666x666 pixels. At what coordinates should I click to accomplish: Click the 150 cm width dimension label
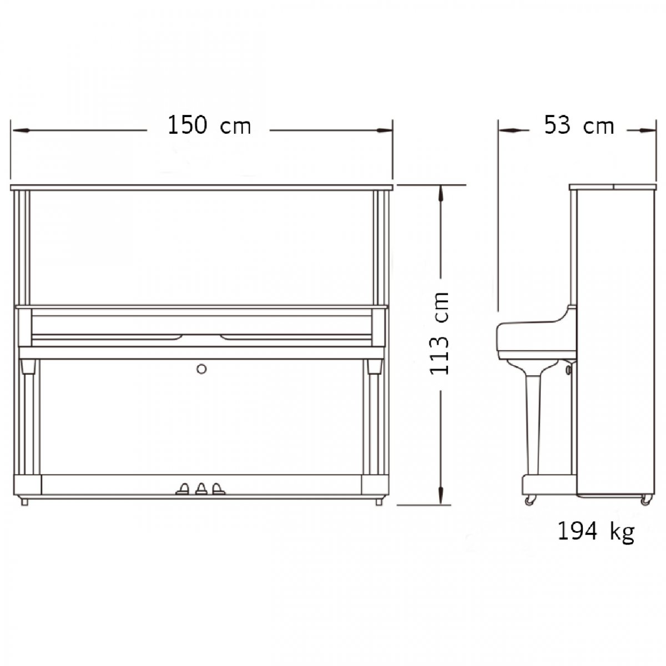coord(209,125)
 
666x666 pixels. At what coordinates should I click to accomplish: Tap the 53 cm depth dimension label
coord(579,125)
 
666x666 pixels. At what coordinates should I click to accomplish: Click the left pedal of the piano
coord(183,489)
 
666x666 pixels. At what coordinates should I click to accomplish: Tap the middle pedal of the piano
coord(201,489)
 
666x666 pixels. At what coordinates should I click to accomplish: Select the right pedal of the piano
coord(218,489)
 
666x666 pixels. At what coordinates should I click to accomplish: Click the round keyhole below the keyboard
coord(201,369)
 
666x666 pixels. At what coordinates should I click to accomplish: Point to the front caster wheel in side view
coord(529,500)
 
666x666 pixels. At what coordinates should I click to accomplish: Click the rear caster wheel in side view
coord(645,500)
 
